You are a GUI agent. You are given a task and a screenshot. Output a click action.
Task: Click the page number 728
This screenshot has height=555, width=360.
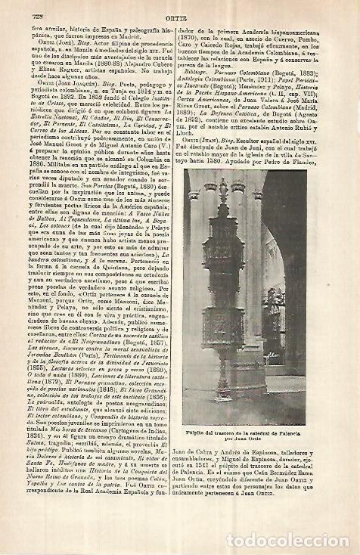tap(33, 9)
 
